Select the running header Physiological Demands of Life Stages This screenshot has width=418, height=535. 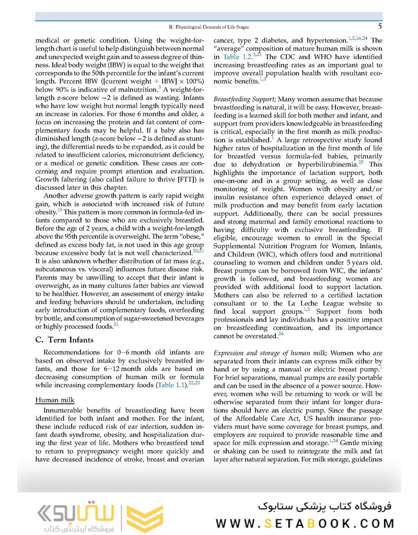click(212, 27)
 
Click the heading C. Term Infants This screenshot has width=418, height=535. click(64, 340)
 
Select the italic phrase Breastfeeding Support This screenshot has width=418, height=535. click(244, 99)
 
